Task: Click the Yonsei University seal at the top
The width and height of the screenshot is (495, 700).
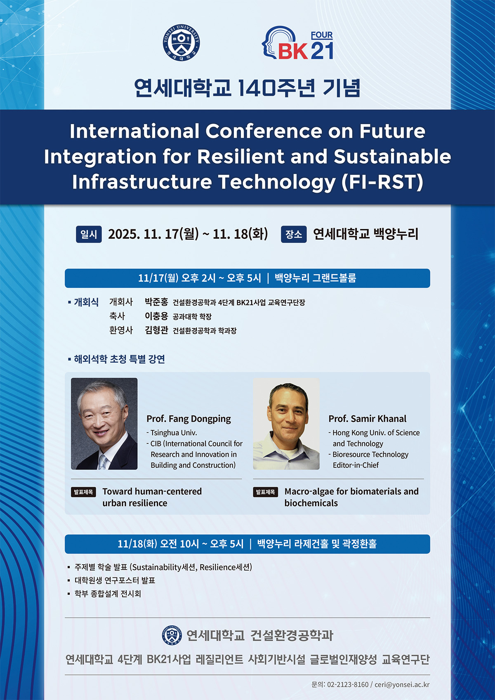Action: point(181,42)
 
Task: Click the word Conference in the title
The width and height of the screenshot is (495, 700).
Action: point(264,131)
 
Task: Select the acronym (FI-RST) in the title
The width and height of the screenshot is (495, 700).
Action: point(382,182)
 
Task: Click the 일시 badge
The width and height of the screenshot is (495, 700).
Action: point(89,234)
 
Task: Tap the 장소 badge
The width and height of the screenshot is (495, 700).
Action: point(294,234)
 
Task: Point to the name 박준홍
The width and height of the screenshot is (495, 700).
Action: point(157,302)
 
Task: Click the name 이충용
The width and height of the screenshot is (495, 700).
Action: point(157,316)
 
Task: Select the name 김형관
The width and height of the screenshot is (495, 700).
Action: point(157,330)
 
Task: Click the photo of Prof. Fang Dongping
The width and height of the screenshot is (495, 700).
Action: point(104,424)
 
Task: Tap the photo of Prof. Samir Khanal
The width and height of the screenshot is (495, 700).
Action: point(286,424)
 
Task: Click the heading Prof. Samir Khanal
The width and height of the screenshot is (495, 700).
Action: point(368,419)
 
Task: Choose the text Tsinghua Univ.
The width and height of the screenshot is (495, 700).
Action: point(174,433)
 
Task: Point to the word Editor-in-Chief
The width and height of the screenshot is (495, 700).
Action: point(356,465)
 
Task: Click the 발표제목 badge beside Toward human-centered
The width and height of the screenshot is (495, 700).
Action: point(83,492)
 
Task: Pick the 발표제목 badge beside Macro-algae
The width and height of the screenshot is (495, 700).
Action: point(266,492)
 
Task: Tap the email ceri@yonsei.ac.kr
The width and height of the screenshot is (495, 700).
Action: point(402,685)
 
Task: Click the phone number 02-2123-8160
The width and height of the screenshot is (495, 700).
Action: point(348,685)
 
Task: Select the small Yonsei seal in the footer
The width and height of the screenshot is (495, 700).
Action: point(172,635)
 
